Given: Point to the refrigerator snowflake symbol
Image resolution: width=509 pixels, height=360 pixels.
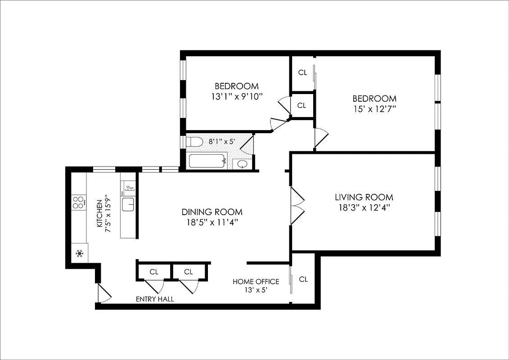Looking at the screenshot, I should (80, 253).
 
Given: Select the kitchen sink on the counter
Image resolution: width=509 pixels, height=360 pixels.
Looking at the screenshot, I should (128, 204).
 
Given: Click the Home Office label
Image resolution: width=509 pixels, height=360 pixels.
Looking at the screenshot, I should (256, 282).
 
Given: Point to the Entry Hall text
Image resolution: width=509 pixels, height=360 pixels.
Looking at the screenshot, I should (155, 299).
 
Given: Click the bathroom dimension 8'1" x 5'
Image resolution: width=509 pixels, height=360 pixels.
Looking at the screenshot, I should (221, 141).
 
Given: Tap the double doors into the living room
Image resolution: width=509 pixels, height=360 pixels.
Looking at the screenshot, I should (297, 206).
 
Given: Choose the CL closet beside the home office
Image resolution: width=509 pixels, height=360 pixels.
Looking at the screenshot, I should (303, 279).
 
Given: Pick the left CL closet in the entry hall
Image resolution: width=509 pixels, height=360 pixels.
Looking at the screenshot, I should (154, 272).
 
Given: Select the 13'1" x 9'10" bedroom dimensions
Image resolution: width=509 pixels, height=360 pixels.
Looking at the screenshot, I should (236, 96).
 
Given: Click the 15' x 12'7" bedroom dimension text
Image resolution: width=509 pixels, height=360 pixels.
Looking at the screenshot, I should (374, 109).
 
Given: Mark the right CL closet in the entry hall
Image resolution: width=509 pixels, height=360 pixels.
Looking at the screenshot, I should (188, 272).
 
